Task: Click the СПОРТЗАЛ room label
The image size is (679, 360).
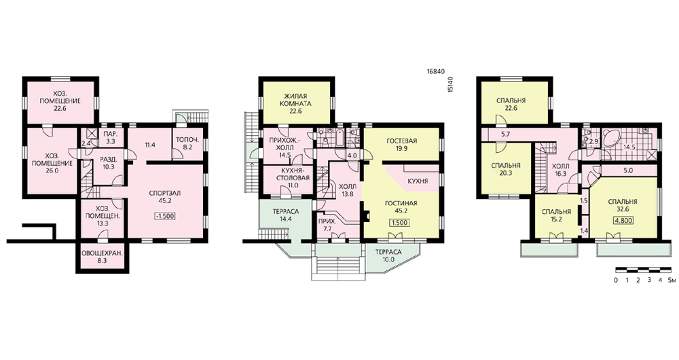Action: point(164,193)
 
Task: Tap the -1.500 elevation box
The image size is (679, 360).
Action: point(164,216)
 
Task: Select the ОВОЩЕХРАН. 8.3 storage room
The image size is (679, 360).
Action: point(103,257)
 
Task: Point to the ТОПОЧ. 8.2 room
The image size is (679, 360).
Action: point(187,143)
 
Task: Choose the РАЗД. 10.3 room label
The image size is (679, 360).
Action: point(109,162)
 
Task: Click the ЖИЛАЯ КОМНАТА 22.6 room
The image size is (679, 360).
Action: point(297,103)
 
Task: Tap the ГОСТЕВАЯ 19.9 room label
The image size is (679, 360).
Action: point(402,144)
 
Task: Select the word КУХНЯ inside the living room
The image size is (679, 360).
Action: point(418,181)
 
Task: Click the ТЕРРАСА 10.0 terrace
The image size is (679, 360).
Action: point(388,255)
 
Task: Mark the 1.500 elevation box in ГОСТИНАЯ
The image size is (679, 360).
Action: point(399,223)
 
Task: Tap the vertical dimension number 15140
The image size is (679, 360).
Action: point(452,84)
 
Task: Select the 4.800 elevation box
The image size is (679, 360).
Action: point(623,220)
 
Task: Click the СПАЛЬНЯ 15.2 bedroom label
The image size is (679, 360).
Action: point(557,215)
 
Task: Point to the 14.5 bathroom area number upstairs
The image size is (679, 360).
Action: point(629,147)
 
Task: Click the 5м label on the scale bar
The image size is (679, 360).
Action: point(671,280)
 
